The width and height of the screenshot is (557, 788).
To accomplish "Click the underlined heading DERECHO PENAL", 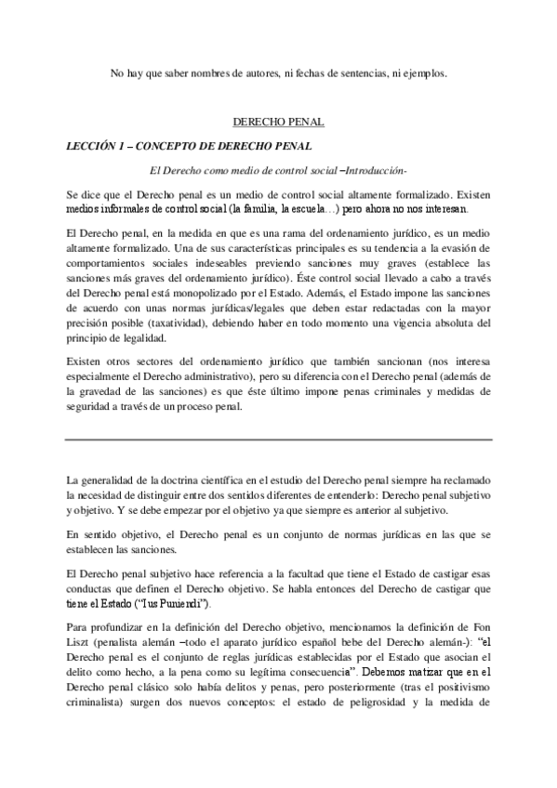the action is click(x=278, y=122).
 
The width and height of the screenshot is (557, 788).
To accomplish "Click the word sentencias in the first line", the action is click(x=365, y=72).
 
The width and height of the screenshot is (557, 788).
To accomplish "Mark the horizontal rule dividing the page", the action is click(x=278, y=438).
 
